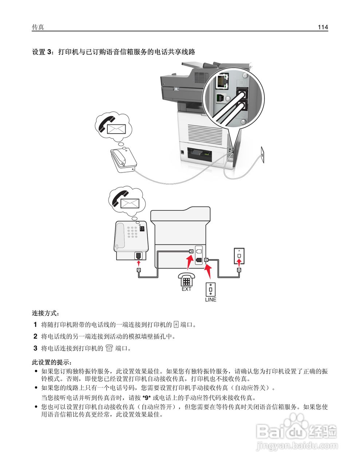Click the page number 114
[x=323, y=27]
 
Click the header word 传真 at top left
[x=38, y=27]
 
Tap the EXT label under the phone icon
[x=186, y=289]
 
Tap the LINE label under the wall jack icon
[x=210, y=300]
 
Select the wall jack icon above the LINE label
[x=210, y=289]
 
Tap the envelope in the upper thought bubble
[x=116, y=129]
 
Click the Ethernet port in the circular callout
[x=222, y=81]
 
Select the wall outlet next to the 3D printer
[x=261, y=151]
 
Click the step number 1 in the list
[x=35, y=324]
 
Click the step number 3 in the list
[x=35, y=348]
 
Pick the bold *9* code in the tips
[x=146, y=398]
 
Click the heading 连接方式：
[x=45, y=313]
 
